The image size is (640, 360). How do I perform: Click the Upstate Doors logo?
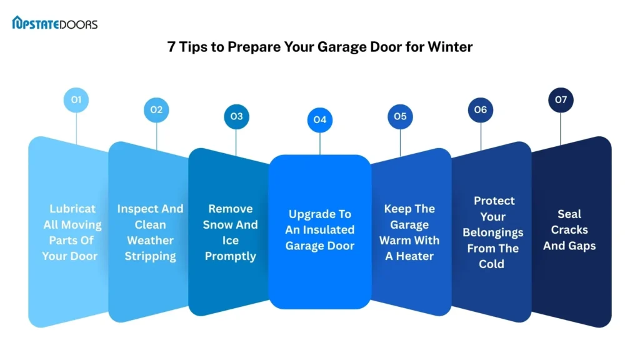click(55, 23)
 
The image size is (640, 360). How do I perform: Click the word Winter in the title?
click(450, 47)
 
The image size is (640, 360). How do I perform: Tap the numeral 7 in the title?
click(171, 47)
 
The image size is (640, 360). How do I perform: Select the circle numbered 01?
click(76, 99)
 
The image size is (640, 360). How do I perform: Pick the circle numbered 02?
click(156, 110)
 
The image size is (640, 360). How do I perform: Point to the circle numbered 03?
click(236, 117)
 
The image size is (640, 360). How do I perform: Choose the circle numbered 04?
click(319, 120)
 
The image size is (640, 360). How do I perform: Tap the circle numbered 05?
click(400, 117)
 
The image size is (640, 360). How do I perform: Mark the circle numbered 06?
click(481, 110)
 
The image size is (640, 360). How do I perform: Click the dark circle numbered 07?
click(561, 99)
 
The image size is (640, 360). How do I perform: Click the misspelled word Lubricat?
click(72, 209)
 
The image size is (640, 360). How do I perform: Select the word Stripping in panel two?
click(150, 256)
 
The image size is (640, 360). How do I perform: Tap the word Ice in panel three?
click(230, 241)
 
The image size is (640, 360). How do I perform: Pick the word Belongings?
click(492, 232)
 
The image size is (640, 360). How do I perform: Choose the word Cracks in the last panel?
click(569, 230)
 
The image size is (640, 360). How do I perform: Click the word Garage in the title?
click(342, 47)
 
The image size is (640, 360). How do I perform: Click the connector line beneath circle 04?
click(319, 144)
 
